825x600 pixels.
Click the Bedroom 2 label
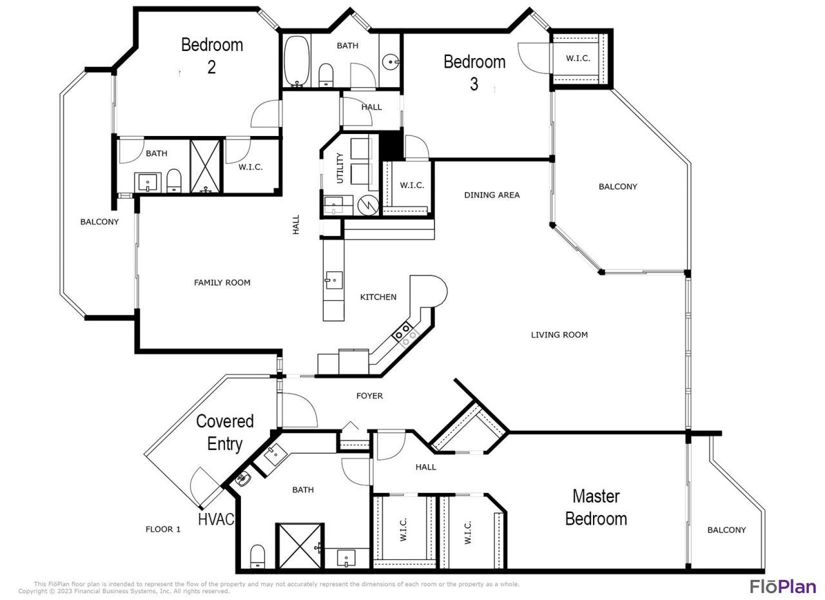click(x=211, y=55)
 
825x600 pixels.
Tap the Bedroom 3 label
click(x=474, y=72)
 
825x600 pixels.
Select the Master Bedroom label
click(x=596, y=507)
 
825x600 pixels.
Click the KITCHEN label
click(x=378, y=297)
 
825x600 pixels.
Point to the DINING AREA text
click(x=492, y=195)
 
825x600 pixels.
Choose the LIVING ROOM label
click(x=559, y=334)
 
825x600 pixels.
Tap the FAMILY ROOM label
click(x=222, y=282)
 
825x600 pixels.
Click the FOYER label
click(x=369, y=396)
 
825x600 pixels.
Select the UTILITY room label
click(x=340, y=168)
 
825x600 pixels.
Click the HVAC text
click(x=216, y=519)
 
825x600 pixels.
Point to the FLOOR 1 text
click(x=163, y=529)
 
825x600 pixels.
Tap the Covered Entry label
click(x=224, y=432)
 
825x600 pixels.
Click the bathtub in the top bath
click(x=296, y=61)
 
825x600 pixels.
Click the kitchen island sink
click(x=333, y=280)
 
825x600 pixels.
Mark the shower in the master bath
click(x=300, y=547)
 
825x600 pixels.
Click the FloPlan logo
click(x=782, y=586)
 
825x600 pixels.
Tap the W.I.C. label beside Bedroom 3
click(x=578, y=58)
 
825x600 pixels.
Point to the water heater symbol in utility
click(x=367, y=205)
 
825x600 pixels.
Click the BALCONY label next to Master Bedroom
click(x=726, y=530)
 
